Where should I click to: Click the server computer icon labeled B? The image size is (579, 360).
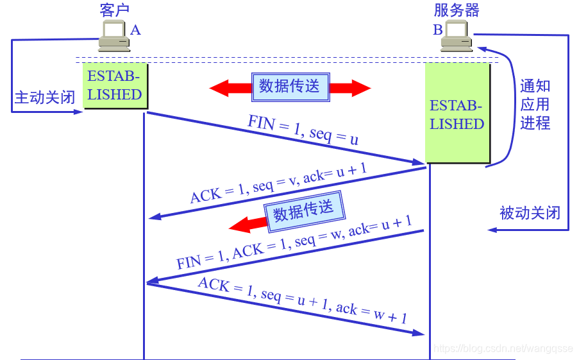tap(457, 36)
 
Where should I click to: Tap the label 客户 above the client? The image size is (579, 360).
tap(115, 10)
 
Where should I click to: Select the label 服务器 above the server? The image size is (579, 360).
tap(457, 10)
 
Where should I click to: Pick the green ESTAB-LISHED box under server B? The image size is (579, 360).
tap(457, 114)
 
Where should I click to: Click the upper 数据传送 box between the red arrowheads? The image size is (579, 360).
tap(289, 87)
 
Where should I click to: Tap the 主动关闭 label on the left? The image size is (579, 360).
tap(44, 98)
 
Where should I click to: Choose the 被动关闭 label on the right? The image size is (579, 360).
tap(530, 212)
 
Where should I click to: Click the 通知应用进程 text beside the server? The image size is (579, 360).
tap(535, 105)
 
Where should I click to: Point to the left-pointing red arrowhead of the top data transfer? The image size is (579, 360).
tap(224, 88)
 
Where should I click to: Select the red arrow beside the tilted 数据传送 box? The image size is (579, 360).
tap(247, 224)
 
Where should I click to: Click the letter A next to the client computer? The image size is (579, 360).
tap(135, 30)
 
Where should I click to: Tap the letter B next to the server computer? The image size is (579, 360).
tap(437, 30)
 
